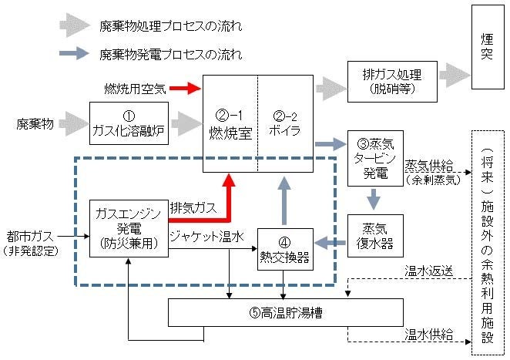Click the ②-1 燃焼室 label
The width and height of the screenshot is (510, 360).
[230, 123]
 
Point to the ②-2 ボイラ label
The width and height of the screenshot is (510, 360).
[286, 123]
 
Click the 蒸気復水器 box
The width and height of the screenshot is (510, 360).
[375, 236]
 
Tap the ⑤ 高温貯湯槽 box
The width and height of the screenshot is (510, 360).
[286, 314]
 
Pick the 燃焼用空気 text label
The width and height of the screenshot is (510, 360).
[135, 89]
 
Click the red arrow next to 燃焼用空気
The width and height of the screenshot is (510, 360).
[184, 89]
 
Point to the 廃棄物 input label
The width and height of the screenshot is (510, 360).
[34, 123]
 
